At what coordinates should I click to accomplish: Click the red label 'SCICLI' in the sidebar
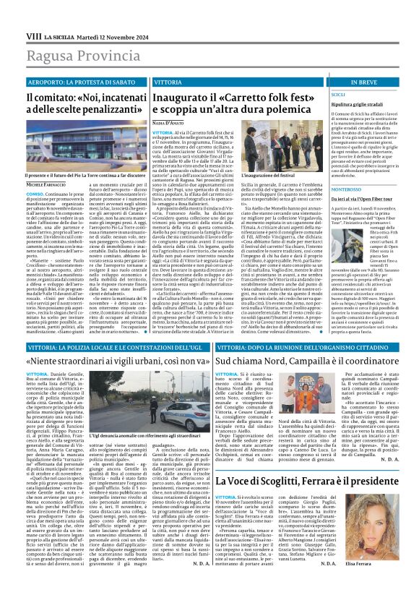tap(337, 95)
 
